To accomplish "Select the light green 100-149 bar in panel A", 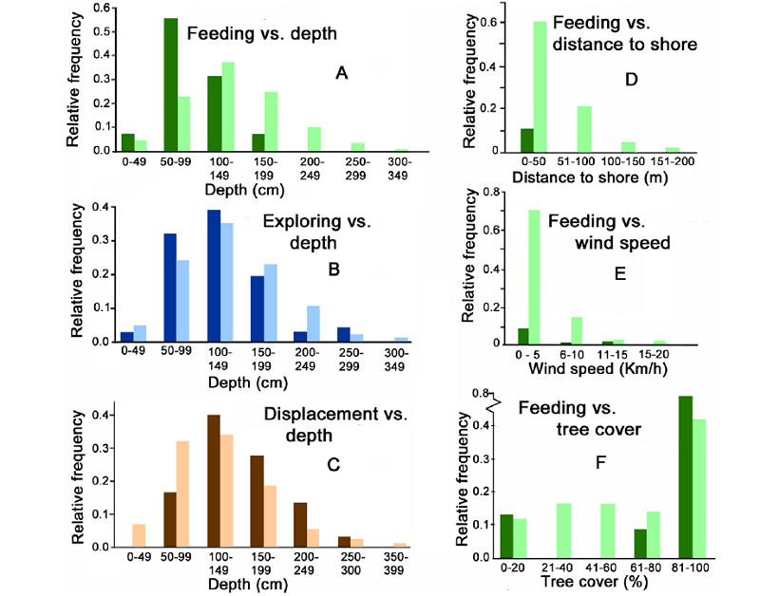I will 228,106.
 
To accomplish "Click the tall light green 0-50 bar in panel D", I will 539,86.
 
